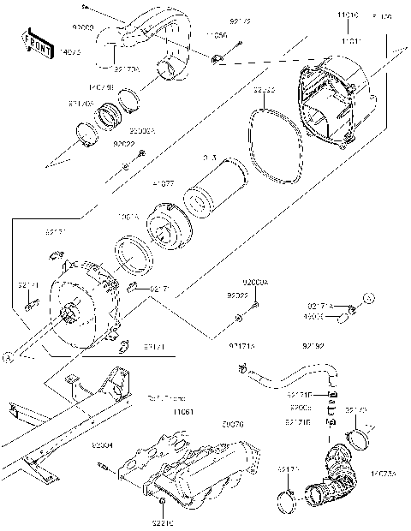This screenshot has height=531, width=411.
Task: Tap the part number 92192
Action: coord(313,347)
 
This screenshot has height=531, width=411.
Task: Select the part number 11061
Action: coord(182,412)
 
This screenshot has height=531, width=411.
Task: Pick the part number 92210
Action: coord(163,521)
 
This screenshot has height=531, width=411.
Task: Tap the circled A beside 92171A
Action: coord(369,298)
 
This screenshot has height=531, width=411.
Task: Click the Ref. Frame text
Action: coord(166,397)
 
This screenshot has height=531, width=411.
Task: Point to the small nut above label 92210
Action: coord(163,499)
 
